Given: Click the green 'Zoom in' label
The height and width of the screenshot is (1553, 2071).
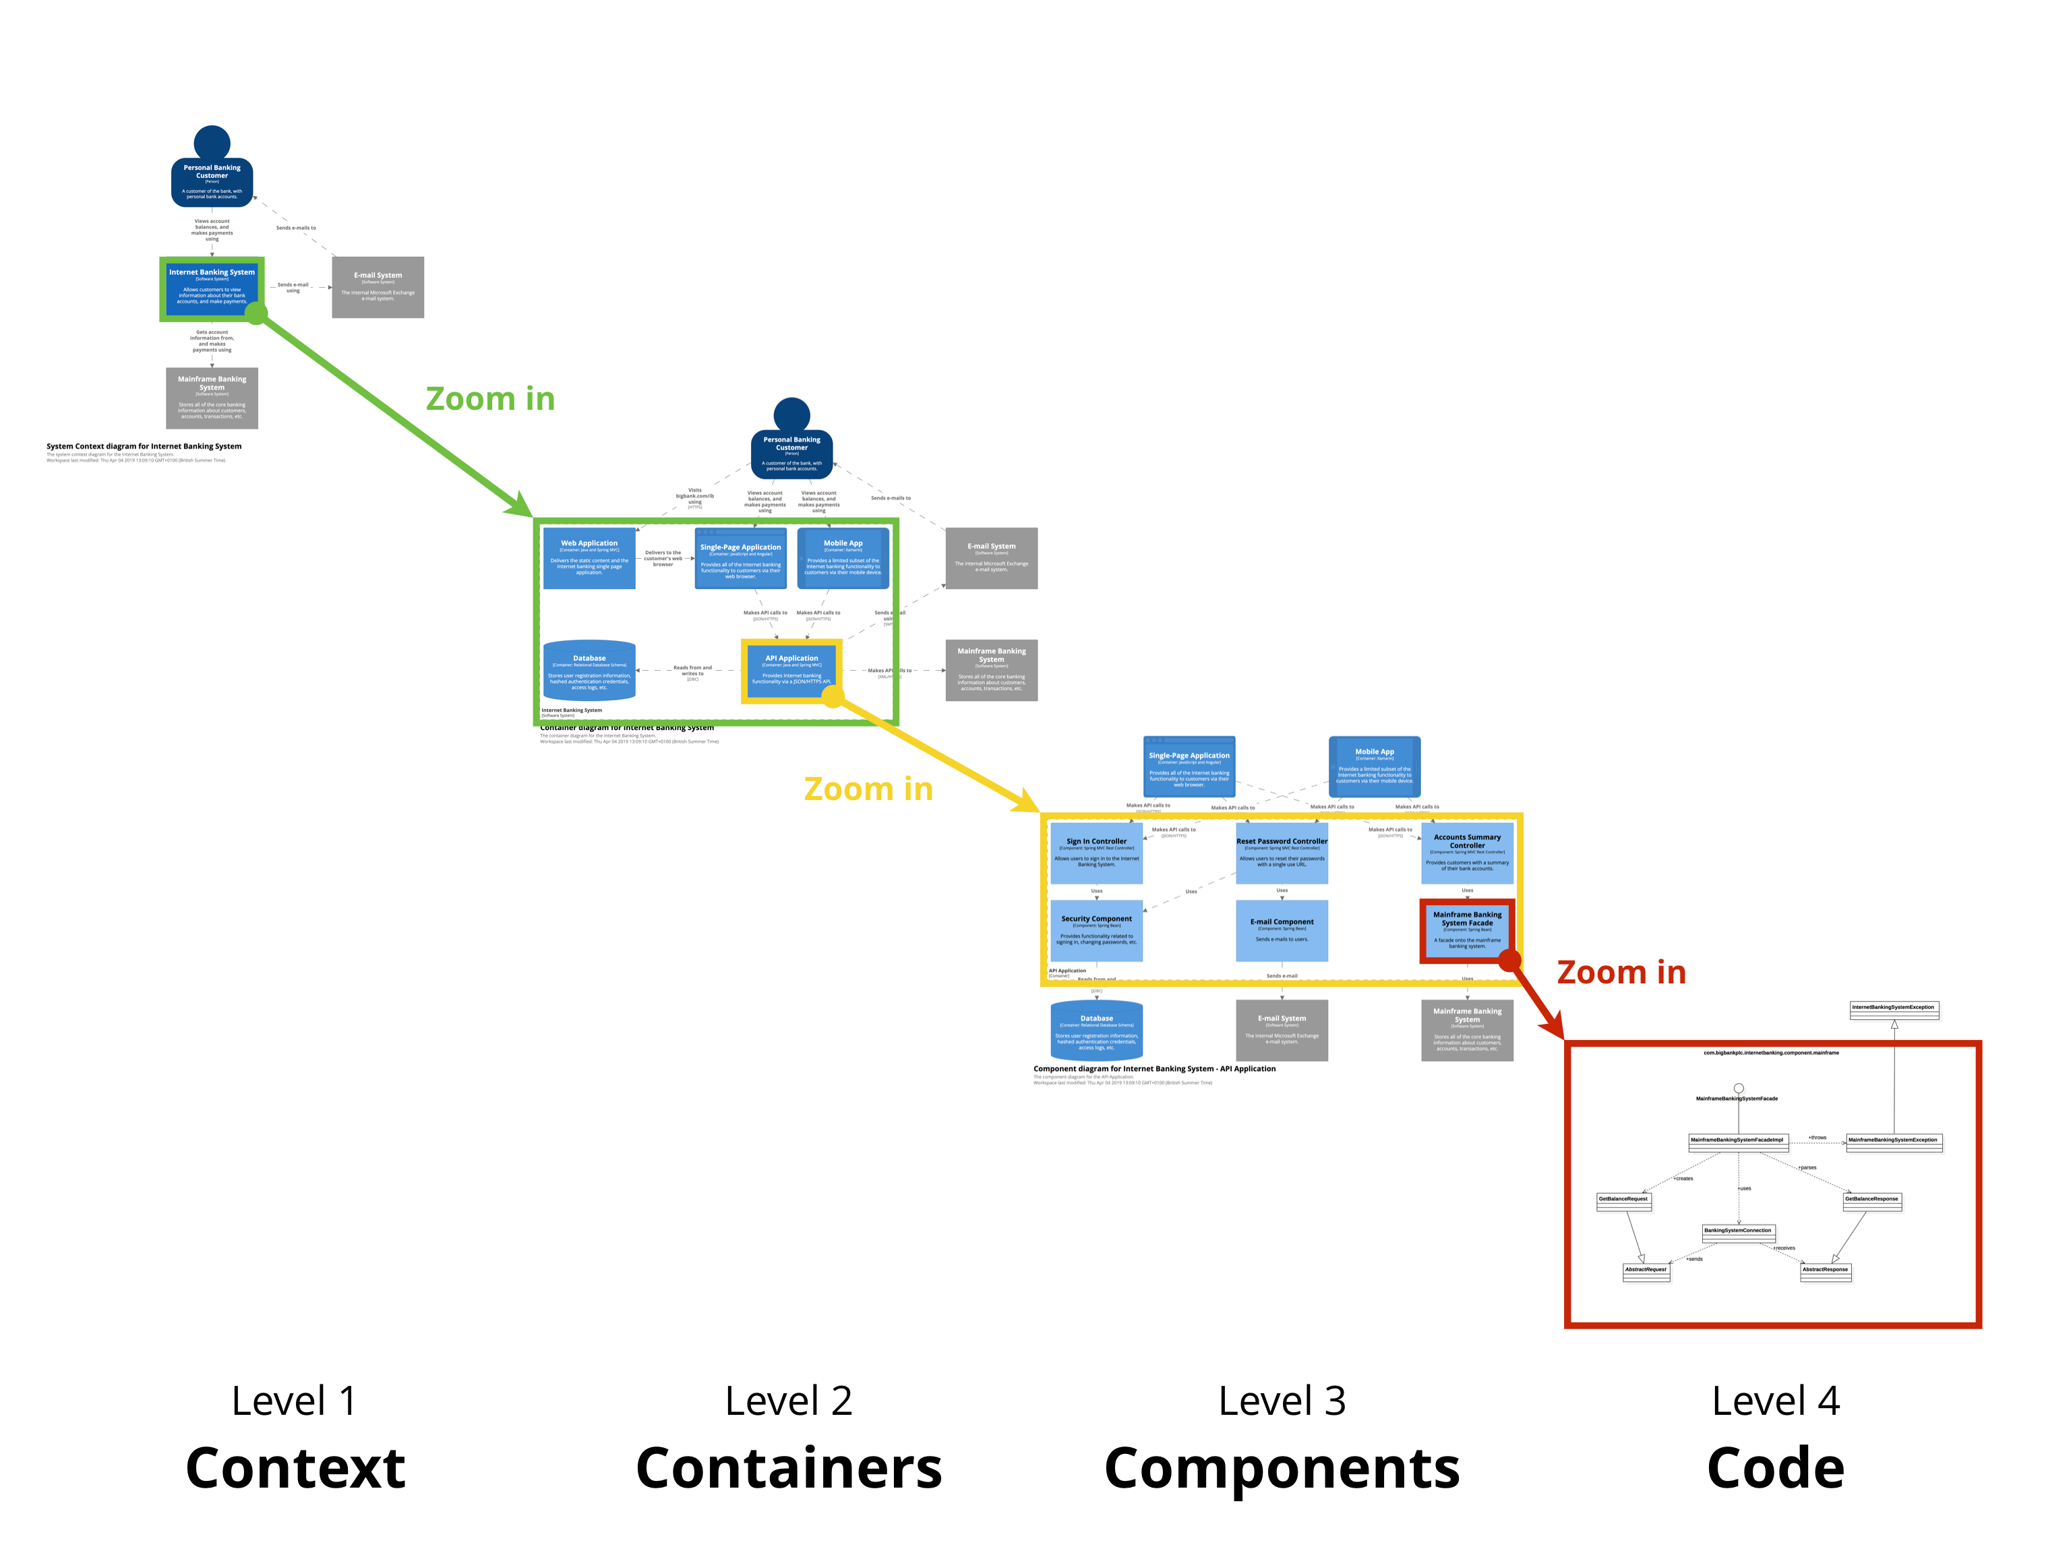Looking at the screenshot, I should (x=489, y=399).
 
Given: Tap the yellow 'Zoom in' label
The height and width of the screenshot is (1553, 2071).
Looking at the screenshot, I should (x=868, y=789).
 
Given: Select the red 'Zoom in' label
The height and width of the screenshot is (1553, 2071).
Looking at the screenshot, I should (x=1621, y=973).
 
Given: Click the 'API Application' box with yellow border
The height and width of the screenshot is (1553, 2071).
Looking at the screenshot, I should (x=791, y=670).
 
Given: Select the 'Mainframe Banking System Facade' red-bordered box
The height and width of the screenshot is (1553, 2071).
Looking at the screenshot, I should (x=1466, y=930).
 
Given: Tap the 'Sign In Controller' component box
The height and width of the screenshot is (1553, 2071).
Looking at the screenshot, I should (x=1096, y=853).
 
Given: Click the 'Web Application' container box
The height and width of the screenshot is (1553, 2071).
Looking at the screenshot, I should (x=589, y=558).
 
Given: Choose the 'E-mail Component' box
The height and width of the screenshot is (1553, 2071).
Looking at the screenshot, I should (x=1282, y=930).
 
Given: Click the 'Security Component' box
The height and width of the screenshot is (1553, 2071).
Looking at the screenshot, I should (x=1096, y=930).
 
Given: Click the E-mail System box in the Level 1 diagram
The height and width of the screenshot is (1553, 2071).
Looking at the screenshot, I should (x=378, y=287).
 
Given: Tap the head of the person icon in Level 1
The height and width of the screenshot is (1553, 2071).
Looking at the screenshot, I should (x=212, y=143).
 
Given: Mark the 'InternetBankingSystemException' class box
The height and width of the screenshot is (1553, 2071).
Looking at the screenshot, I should (x=1893, y=1009).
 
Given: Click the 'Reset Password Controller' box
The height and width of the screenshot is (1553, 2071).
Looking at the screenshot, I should (x=1282, y=853).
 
